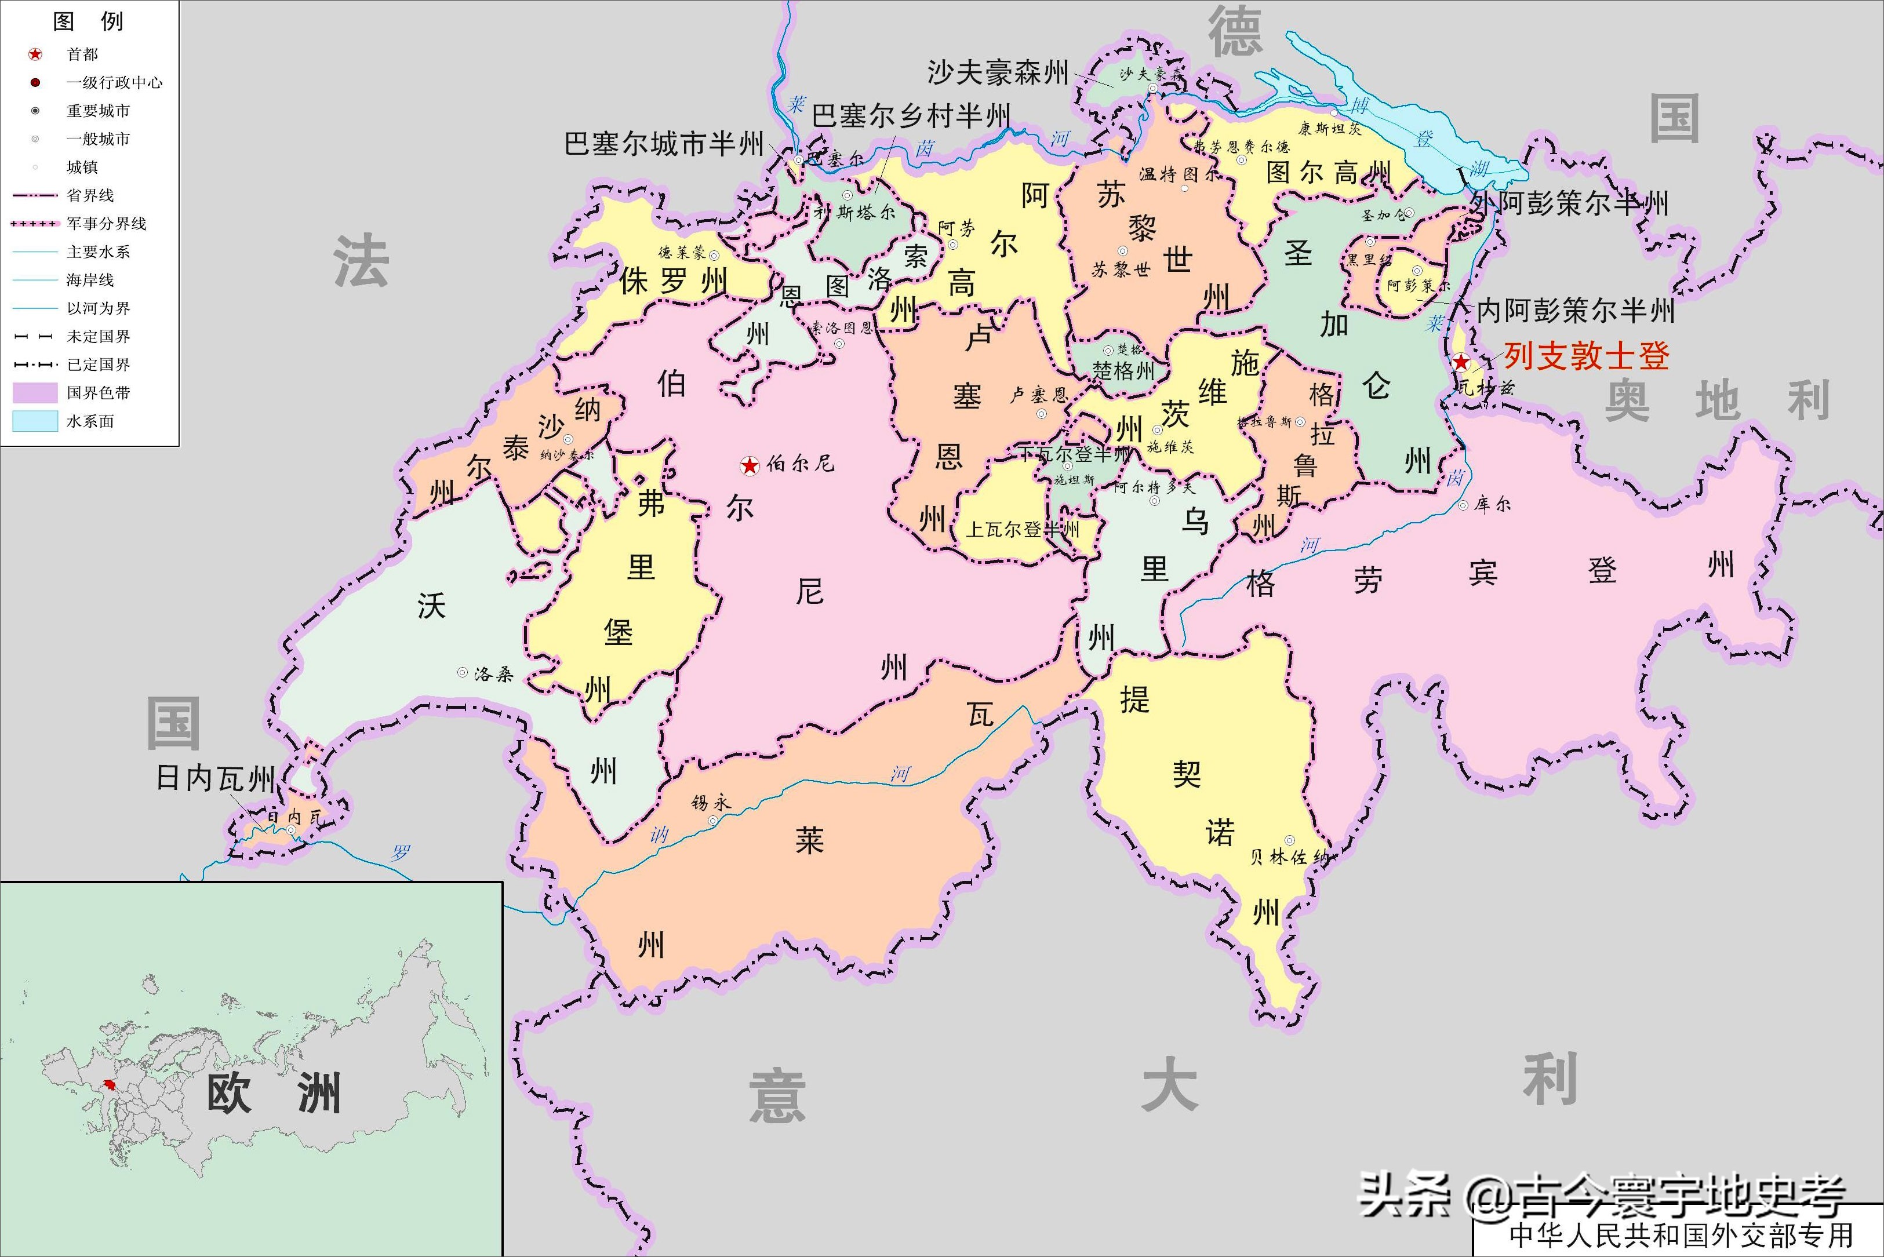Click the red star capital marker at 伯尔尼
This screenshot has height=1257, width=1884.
749,465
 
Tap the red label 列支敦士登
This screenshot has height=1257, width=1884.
1586,356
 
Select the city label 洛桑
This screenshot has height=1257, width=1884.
493,674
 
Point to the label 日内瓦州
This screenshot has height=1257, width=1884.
215,778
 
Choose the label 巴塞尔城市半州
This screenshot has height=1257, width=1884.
664,144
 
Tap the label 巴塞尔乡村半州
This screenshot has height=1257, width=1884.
910,116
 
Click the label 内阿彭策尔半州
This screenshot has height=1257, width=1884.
1576,310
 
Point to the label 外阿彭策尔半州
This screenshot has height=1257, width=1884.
1570,203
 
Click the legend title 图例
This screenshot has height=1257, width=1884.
88,21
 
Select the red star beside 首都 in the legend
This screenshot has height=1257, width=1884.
35,54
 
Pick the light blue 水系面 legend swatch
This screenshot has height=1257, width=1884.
35,421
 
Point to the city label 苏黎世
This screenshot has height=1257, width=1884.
1121,269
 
